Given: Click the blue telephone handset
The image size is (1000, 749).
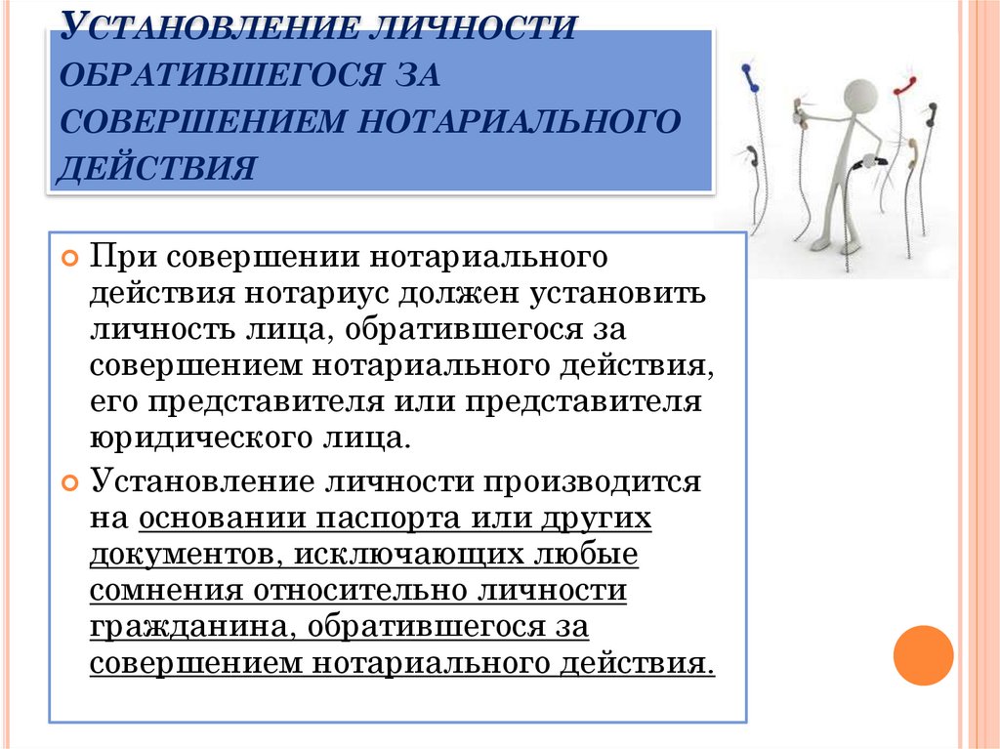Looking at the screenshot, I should [x=752, y=77].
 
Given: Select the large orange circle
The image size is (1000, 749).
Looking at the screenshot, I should [x=923, y=655].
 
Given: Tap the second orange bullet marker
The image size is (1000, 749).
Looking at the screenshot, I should [x=69, y=482].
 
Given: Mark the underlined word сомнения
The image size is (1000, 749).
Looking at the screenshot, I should [x=166, y=592].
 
